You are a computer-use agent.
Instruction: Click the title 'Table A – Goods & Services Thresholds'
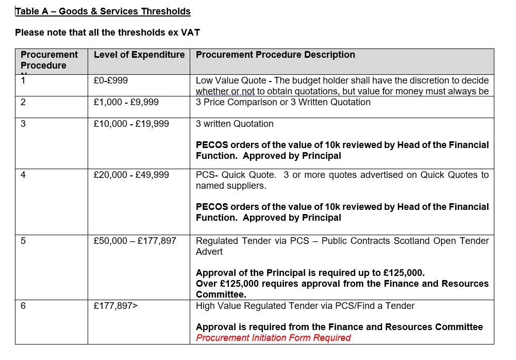coord(103,11)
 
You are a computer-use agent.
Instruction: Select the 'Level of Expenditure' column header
coord(139,55)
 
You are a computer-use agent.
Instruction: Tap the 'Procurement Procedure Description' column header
coord(275,55)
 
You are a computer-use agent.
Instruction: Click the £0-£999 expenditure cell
coord(111,80)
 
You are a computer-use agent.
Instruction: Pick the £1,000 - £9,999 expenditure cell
coord(126,102)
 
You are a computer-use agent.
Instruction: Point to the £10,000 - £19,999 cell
coord(131,124)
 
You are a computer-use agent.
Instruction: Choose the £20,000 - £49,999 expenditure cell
coord(131,175)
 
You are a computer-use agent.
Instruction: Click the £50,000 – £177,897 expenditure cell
coord(135,241)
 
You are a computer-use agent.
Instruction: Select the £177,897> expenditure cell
coord(115,306)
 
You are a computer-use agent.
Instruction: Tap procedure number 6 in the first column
coord(23,306)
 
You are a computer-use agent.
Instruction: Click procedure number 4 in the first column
coord(23,175)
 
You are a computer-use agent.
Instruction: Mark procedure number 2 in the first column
coord(23,102)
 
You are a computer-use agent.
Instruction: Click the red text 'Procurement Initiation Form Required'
coord(273,338)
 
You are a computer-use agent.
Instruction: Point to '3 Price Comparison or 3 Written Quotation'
coord(283,102)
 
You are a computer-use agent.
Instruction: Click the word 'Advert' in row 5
coord(209,252)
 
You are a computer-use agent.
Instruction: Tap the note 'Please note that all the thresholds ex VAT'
coord(107,32)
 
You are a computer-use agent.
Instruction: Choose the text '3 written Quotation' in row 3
coord(235,124)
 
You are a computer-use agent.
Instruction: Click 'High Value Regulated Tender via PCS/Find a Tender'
coord(305,306)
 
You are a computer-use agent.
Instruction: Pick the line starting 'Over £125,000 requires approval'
coord(342,284)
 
